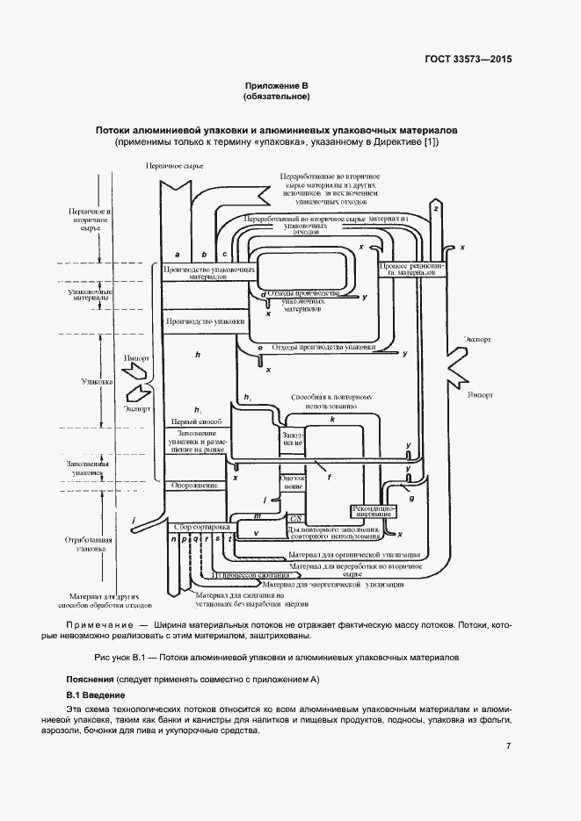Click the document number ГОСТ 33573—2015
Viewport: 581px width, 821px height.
(468, 59)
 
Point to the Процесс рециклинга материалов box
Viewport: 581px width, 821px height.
(411, 268)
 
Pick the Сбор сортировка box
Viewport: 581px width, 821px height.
(201, 527)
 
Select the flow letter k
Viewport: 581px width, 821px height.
(331, 421)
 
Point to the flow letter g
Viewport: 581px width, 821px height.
(411, 498)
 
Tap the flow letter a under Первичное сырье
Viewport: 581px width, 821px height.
(178, 253)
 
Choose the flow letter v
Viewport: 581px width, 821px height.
(256, 533)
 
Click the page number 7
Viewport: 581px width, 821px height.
(508, 746)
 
